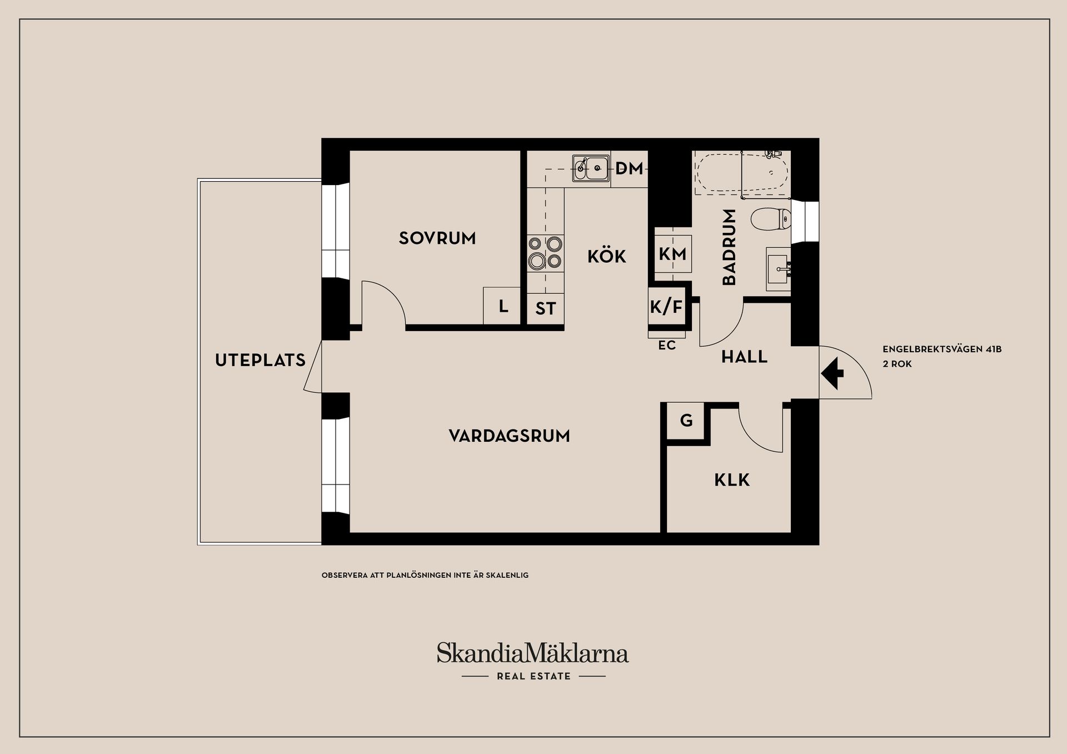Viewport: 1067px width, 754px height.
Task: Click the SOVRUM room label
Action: click(x=437, y=238)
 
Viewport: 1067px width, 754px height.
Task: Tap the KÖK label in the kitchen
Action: click(x=606, y=256)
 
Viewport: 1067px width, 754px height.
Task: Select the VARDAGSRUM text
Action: click(x=509, y=436)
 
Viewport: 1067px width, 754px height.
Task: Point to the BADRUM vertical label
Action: click(x=729, y=247)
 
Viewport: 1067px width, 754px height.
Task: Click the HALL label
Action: click(x=744, y=357)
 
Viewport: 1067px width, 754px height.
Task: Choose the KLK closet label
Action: click(x=732, y=480)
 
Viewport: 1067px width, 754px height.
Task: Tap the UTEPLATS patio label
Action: click(x=260, y=360)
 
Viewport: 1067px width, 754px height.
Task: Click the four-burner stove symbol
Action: click(x=545, y=252)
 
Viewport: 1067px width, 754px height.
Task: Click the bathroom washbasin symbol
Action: click(x=778, y=269)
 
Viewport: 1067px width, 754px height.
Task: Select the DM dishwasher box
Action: click(x=629, y=168)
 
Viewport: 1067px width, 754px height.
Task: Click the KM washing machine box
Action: click(x=672, y=254)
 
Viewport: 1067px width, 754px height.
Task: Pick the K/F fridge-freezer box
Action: click(x=666, y=306)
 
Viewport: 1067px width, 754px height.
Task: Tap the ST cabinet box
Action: click(x=545, y=308)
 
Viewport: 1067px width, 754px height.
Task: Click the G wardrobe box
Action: click(x=686, y=421)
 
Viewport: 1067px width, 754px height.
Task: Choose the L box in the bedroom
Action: click(x=503, y=306)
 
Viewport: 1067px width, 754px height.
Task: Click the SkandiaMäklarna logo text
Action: click(x=532, y=653)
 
